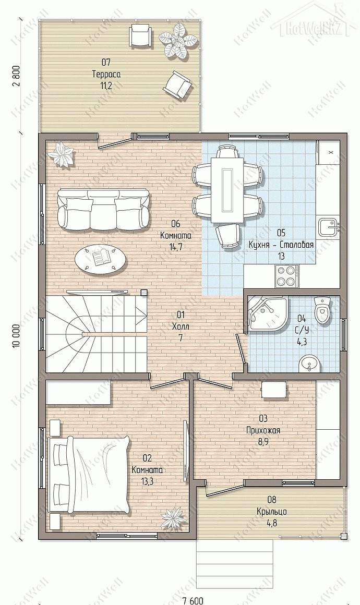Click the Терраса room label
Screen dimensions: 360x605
coord(106,74)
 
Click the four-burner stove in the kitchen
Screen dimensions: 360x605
coord(285,276)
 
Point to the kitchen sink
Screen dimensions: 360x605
coord(328,227)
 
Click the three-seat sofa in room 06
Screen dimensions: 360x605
coord(103,209)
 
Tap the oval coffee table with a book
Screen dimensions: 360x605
coord(100,260)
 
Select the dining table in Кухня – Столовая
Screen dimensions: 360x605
coord(227,190)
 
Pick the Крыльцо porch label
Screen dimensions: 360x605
coord(272,512)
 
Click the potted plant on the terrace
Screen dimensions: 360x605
coord(180,41)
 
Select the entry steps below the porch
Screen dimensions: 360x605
coord(235,558)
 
